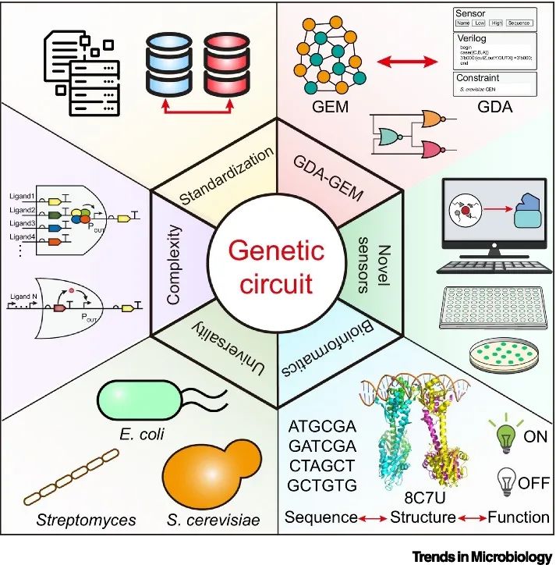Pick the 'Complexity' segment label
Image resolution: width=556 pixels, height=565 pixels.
(173, 265)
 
